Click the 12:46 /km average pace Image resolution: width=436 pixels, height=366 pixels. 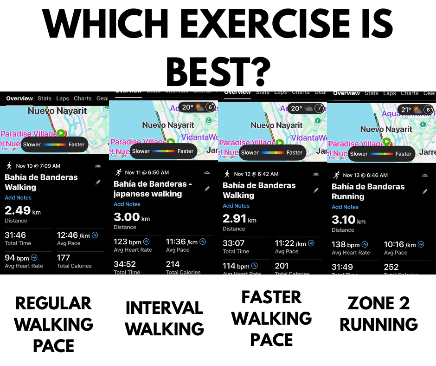[73, 235]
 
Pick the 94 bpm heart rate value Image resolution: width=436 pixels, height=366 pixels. [17, 258]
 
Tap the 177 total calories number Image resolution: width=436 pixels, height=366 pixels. [64, 258]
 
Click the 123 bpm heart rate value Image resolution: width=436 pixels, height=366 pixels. [128, 242]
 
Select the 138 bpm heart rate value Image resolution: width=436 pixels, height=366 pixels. [346, 244]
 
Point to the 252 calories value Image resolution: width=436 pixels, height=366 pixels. [391, 267]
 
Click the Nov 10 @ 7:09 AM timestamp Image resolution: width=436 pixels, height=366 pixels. [38, 166]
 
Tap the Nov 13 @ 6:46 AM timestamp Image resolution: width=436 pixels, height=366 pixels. [365, 175]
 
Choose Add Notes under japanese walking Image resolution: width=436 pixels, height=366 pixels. [127, 204]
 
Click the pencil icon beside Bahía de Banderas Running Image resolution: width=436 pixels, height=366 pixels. [425, 191]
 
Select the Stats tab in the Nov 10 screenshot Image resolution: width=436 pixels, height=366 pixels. [45, 98]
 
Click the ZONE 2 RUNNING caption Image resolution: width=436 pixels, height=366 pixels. [379, 314]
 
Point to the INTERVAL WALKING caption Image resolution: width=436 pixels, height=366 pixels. [164, 319]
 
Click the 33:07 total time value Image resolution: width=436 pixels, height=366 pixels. [234, 243]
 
